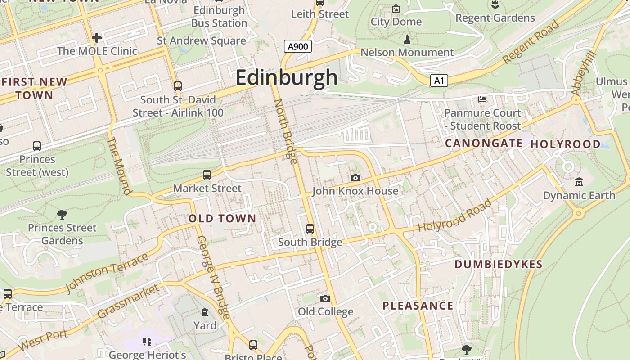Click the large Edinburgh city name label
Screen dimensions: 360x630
(x=287, y=77)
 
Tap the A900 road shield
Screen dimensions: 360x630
(x=298, y=46)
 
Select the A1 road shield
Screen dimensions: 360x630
(x=439, y=81)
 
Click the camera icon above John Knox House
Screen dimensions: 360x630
(x=355, y=178)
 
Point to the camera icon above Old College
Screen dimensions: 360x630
(x=325, y=298)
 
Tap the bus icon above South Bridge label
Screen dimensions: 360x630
(x=310, y=229)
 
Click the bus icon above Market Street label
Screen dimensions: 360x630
(x=207, y=175)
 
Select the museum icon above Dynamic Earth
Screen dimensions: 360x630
(x=579, y=182)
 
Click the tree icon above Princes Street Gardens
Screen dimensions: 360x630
(x=62, y=215)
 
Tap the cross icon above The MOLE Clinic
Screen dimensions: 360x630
(x=96, y=37)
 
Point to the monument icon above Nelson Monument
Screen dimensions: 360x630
(x=407, y=39)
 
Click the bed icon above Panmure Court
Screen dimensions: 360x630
(x=482, y=99)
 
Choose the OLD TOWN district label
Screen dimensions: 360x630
(x=222, y=219)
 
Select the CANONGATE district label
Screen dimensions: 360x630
(x=484, y=144)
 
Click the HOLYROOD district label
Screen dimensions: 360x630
(x=565, y=144)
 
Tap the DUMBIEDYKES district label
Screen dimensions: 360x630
(x=499, y=264)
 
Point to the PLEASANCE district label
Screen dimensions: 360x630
(x=418, y=306)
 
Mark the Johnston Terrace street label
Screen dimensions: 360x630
(x=107, y=273)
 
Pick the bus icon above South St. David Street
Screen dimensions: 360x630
(x=178, y=86)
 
